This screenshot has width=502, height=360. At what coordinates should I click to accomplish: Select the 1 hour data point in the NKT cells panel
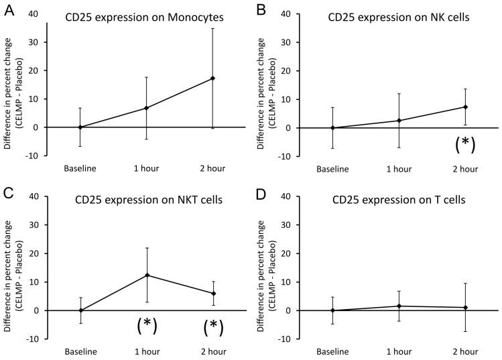pos(147,275)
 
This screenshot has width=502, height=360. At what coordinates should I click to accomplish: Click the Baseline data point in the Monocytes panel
pos(80,127)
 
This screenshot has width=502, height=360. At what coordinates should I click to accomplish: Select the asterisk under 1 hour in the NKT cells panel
pos(147,326)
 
